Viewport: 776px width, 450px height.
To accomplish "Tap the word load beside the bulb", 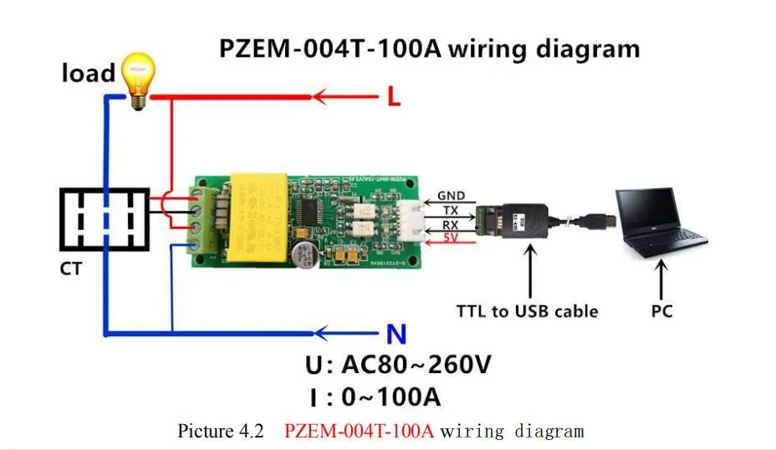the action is point(88,73).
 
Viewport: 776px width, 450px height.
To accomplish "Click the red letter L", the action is point(393,97).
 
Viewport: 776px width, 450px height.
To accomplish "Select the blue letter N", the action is point(396,335).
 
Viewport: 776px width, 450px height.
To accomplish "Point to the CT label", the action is point(72,271).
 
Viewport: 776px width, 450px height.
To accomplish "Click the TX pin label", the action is point(450,211).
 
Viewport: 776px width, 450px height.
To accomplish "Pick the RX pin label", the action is point(450,224).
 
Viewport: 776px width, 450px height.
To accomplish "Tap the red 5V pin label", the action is point(449,238).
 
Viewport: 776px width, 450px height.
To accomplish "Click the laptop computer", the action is point(661,221).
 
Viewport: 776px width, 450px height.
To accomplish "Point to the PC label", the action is point(661,311).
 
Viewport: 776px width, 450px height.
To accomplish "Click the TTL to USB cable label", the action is point(527,311).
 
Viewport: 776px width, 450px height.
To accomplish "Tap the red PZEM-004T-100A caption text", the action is point(360,431).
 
